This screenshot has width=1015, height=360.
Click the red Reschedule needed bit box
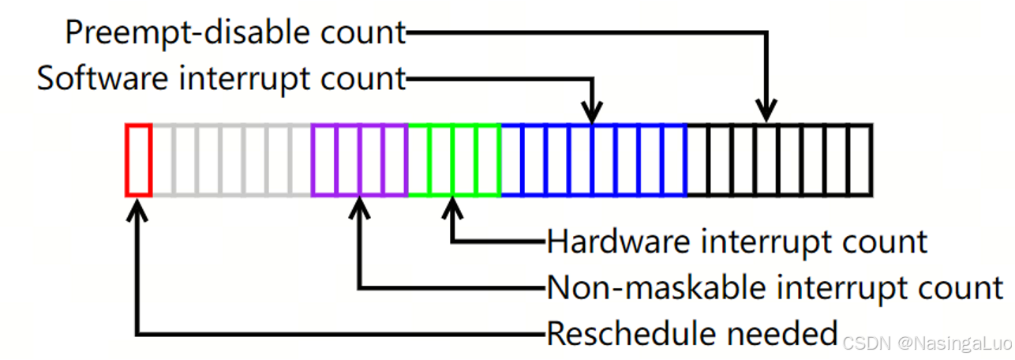(x=138, y=159)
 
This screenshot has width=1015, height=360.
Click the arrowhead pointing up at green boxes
(x=452, y=208)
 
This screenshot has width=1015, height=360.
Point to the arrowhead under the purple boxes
(x=359, y=208)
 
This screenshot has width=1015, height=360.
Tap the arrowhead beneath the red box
(x=138, y=208)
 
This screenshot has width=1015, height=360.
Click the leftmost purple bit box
(x=324, y=159)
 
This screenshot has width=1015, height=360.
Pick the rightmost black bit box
(x=860, y=159)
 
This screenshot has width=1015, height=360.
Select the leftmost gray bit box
(x=162, y=159)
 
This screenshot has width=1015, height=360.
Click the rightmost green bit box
(x=489, y=159)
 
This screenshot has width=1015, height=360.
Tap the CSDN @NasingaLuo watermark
(x=924, y=343)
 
